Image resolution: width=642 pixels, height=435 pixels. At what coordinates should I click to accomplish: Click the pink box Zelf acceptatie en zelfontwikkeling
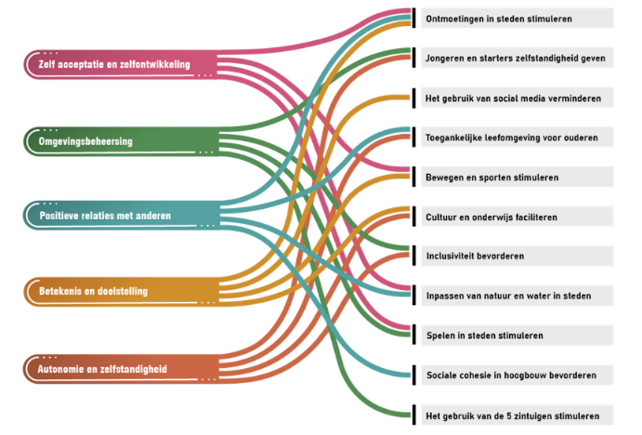click(x=120, y=64)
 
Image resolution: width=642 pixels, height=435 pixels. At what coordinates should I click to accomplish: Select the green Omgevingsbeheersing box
click(x=121, y=142)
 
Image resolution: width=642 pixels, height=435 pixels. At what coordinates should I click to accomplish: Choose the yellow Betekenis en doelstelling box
click(x=121, y=291)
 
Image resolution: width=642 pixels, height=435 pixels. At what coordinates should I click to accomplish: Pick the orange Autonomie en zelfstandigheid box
click(x=121, y=369)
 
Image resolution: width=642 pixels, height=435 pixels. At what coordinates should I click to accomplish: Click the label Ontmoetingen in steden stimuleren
click(x=499, y=19)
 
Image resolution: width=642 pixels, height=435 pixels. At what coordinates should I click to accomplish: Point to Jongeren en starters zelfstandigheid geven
click(x=515, y=58)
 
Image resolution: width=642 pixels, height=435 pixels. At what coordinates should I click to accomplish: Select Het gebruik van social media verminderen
click(x=513, y=98)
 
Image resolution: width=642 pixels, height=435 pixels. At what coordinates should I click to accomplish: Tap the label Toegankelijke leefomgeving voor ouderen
click(x=511, y=137)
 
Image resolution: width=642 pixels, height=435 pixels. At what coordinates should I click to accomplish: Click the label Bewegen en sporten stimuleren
click(x=492, y=177)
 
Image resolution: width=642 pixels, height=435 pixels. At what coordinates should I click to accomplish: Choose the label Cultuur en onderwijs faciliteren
click(x=491, y=217)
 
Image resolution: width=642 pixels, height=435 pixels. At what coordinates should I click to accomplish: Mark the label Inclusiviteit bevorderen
click(x=475, y=256)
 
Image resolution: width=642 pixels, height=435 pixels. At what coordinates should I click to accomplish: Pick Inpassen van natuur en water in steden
click(x=509, y=296)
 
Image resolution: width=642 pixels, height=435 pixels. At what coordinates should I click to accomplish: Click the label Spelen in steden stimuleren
click(x=485, y=335)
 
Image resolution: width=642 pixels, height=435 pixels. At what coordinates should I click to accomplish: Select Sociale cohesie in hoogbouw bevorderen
click(x=511, y=375)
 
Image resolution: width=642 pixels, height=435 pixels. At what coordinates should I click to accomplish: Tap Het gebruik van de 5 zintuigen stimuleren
click(x=512, y=416)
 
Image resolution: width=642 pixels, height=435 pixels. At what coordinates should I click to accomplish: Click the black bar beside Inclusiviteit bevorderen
click(x=414, y=256)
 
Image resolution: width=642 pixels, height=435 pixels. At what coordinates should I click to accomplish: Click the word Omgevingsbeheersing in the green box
click(x=86, y=142)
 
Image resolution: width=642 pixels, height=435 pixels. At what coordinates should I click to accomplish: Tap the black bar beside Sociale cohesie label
click(x=414, y=375)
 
